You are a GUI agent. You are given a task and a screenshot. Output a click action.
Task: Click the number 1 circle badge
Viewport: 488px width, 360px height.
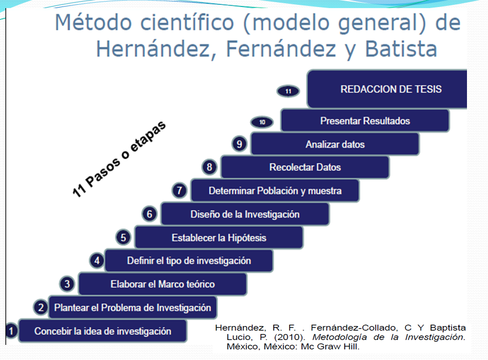[x=11, y=330]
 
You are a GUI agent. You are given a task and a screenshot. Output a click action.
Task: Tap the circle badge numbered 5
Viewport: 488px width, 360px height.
[x=123, y=237]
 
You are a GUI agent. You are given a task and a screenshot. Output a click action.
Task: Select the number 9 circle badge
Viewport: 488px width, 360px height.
[x=239, y=144]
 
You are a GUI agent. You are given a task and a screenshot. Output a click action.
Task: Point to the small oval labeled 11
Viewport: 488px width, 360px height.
[x=288, y=91]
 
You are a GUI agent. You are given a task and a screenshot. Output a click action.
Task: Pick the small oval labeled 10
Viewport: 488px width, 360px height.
[x=262, y=122]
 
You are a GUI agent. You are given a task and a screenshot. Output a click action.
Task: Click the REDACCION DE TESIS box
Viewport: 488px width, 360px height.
[x=387, y=89]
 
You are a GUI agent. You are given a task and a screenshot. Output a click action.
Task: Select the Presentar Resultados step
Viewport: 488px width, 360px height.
[x=365, y=120]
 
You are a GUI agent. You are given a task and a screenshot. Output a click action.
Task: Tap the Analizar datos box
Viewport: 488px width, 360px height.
[x=335, y=144]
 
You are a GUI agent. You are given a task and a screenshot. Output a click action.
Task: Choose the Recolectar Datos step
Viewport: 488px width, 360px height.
[x=305, y=167]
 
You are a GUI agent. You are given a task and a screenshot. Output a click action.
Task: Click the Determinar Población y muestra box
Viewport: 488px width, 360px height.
[x=275, y=191]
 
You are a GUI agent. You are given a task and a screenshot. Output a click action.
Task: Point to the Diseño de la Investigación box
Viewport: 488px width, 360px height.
[x=245, y=214]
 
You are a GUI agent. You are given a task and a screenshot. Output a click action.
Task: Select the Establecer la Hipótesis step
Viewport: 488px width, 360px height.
[x=219, y=237]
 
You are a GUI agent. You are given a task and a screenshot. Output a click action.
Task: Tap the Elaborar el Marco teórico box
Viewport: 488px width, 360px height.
[x=162, y=284]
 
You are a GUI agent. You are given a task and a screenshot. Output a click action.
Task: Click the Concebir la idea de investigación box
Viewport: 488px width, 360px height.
[x=102, y=331]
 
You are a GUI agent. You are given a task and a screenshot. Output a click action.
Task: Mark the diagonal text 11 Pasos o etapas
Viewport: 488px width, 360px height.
[x=119, y=159]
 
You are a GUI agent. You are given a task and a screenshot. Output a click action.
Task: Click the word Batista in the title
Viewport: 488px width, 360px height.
[x=401, y=49]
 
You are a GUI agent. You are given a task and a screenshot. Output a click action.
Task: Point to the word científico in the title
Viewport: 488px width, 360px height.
[x=187, y=23]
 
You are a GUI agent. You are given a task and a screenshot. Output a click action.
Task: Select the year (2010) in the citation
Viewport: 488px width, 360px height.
[x=290, y=337]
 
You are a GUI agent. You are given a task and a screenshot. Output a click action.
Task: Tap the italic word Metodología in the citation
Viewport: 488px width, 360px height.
[x=340, y=337]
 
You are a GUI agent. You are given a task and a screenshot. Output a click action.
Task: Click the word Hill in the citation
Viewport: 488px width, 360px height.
[x=352, y=347]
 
